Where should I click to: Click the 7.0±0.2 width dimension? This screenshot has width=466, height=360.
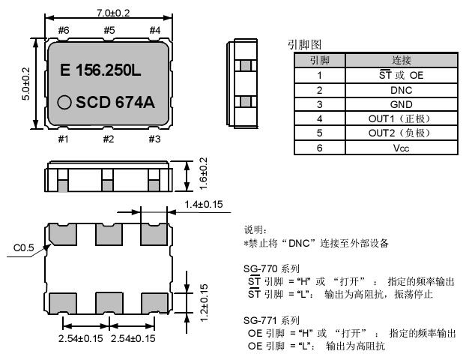click(x=109, y=13)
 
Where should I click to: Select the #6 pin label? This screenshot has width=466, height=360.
click(x=64, y=30)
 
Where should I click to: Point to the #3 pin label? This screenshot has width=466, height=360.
click(x=154, y=139)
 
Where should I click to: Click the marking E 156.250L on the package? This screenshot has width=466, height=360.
click(x=100, y=71)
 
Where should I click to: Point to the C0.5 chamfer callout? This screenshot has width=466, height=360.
click(x=23, y=245)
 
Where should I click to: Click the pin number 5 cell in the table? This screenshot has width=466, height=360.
click(x=319, y=133)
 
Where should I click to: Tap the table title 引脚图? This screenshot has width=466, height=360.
click(x=304, y=44)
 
